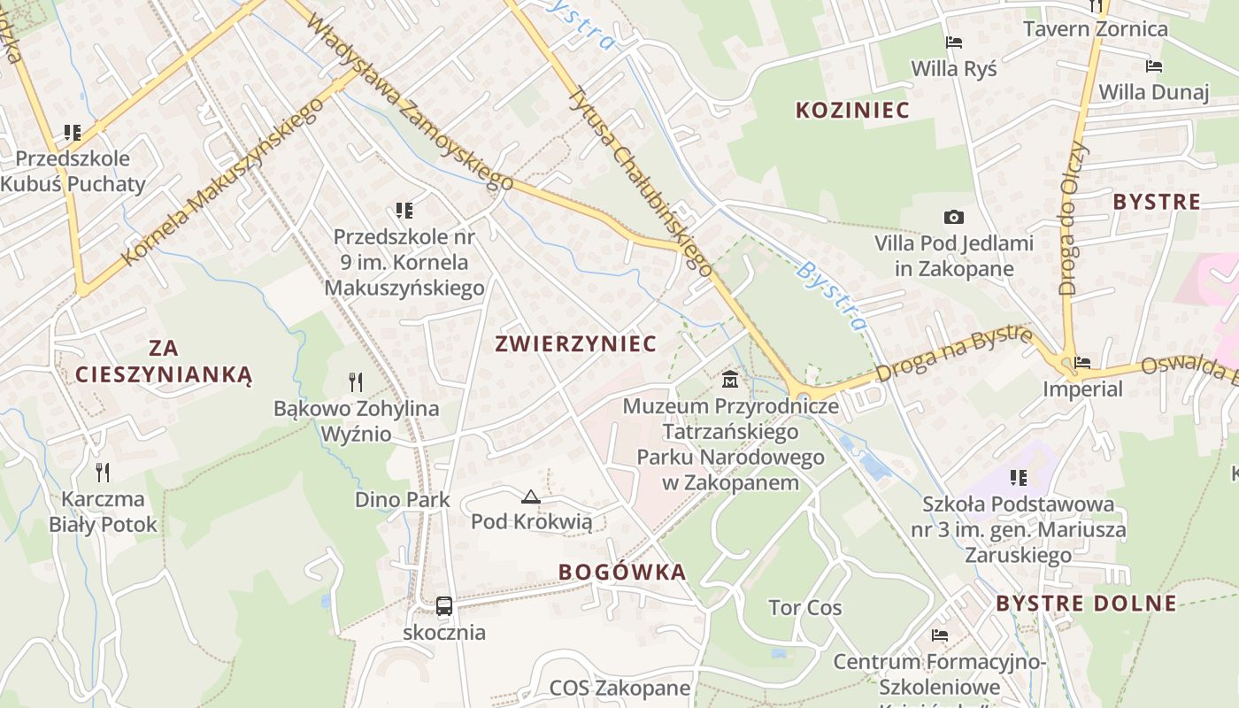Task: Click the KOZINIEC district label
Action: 852,110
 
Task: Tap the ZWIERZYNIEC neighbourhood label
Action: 576,343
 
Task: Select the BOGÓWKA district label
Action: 622,572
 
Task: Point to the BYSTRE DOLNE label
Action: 1086,604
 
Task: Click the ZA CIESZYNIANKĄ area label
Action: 164,361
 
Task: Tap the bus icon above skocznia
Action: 444,606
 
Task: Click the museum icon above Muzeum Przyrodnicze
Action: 730,381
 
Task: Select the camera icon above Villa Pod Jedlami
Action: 954,217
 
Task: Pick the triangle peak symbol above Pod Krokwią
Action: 531,496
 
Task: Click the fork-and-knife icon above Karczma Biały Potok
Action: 103,472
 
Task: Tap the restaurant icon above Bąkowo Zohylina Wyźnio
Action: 356,382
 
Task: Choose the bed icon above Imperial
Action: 1081,362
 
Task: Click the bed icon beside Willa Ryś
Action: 954,42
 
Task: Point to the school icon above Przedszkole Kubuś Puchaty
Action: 73,133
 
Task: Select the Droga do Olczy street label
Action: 1074,218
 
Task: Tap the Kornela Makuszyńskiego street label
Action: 222,183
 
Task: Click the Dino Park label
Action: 403,499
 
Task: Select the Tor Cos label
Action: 804,608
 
